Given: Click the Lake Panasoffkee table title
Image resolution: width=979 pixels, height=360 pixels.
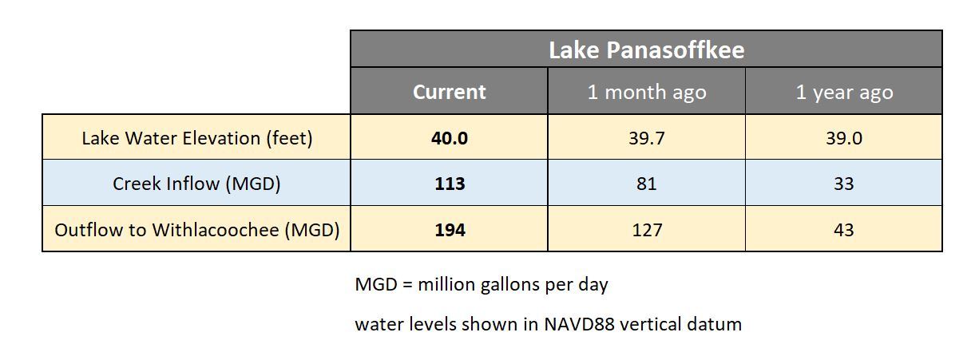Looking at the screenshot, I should [x=646, y=50].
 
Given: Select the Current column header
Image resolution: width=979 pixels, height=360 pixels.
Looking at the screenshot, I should [x=449, y=92].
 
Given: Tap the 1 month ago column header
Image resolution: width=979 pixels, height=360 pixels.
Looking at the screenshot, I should [x=647, y=92].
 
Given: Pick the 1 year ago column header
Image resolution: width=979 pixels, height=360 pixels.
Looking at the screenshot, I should [x=844, y=92].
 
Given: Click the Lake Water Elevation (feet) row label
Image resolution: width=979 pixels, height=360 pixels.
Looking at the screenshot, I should [x=196, y=138].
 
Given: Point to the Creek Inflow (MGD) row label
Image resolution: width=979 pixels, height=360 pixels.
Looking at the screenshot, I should [x=196, y=184].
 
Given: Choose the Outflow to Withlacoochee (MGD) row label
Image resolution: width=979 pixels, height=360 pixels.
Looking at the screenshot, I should [x=196, y=230].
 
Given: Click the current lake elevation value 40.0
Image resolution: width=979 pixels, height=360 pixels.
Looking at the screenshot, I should [x=450, y=138].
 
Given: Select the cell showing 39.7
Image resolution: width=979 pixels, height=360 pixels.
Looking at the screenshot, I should [x=647, y=138].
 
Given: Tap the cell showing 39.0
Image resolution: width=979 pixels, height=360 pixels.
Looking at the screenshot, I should [x=844, y=138].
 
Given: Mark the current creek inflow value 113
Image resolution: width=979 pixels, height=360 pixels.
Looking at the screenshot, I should [x=450, y=184].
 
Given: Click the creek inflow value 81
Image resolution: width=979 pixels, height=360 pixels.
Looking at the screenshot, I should [x=647, y=184].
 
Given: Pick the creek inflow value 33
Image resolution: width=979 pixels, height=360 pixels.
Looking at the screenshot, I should [x=844, y=184].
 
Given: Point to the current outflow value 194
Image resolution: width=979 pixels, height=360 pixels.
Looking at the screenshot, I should [x=450, y=230].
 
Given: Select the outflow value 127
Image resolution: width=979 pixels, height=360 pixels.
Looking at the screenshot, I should [x=647, y=230].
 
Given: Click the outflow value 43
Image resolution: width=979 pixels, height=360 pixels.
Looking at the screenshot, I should [x=844, y=230].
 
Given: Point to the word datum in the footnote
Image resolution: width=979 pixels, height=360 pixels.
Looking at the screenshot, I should [x=716, y=324].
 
